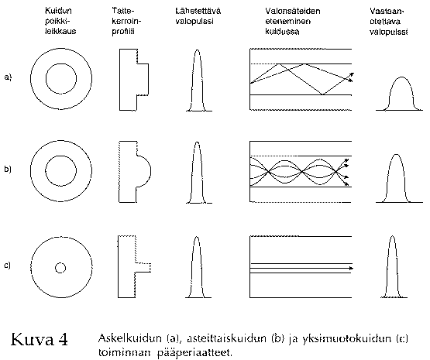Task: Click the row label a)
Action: pos(8,77)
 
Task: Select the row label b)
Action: pos(8,169)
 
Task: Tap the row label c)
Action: pos(8,266)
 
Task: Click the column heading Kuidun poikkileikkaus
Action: pos(60,21)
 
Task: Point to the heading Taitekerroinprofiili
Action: pos(126,21)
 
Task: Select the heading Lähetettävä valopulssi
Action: pos(198,16)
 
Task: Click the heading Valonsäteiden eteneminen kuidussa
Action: pos(293,21)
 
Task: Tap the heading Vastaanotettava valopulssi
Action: pos(388,22)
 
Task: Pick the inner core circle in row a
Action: pos(46,79)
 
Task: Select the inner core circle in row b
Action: pos(45,170)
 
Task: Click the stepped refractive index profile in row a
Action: pos(120,80)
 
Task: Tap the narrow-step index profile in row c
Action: pos(119,266)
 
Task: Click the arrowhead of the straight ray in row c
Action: pos(351,268)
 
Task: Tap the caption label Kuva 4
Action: pos(40,339)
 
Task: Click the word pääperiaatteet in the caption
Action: pos(194,352)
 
